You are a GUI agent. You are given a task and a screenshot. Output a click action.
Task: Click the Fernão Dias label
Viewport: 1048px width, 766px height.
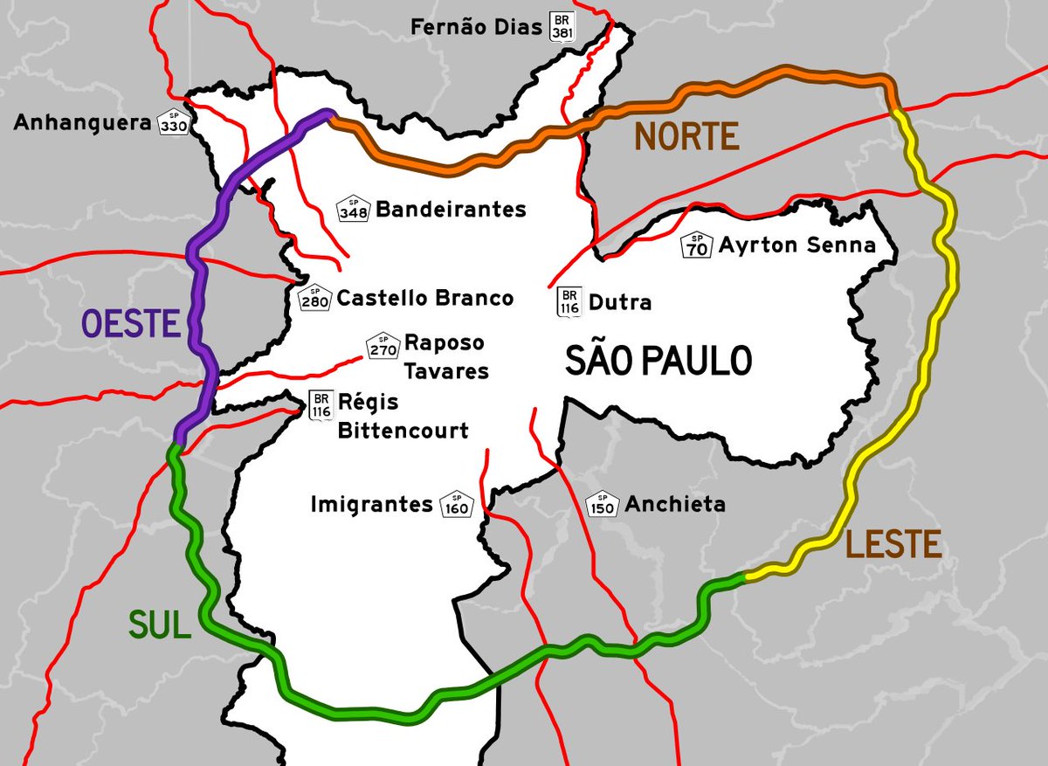(x=477, y=27)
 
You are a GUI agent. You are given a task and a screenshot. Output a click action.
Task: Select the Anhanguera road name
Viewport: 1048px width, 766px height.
(x=82, y=124)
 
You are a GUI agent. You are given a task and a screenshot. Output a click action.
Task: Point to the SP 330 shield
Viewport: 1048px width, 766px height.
(x=173, y=125)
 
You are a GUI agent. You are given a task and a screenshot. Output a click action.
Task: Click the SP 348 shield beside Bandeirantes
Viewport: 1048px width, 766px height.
(x=353, y=210)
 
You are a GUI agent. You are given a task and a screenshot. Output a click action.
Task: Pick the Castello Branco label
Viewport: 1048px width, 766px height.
(x=425, y=298)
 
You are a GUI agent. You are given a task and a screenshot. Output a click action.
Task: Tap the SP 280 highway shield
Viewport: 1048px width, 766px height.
(x=314, y=299)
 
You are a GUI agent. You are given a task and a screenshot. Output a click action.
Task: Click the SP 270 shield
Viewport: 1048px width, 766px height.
(x=383, y=346)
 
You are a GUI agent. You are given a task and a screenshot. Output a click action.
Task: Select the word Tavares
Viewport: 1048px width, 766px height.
(x=446, y=371)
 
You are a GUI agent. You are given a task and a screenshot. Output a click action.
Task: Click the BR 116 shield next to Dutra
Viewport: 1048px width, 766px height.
(x=569, y=302)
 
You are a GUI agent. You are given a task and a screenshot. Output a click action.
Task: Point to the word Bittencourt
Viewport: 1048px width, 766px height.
(x=403, y=431)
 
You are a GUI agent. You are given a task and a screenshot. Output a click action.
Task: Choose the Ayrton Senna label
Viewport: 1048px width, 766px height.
(x=796, y=245)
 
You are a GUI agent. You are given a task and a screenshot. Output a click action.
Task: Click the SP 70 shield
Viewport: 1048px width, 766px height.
(x=697, y=245)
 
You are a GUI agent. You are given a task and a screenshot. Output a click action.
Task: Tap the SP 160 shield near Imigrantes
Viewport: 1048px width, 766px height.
(x=457, y=504)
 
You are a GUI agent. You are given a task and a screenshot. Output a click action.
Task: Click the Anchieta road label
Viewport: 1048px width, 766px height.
(x=675, y=504)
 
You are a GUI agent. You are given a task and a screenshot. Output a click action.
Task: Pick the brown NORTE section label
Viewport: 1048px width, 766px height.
(x=686, y=136)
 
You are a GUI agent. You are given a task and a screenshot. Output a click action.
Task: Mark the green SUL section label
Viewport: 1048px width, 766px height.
(x=159, y=625)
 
